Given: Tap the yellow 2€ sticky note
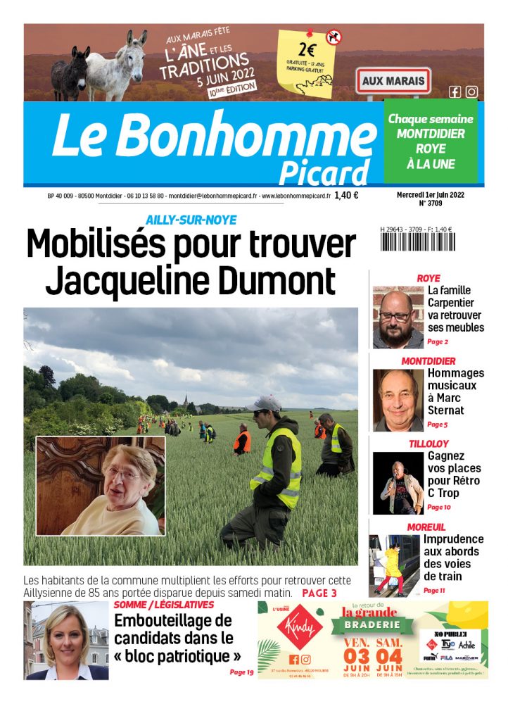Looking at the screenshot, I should tap(308, 62).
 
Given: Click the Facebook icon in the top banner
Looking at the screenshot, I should tap(455, 92).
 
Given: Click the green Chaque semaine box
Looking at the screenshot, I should tap(431, 142).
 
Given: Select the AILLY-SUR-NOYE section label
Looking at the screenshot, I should tap(191, 220).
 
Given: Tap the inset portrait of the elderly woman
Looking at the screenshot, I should tap(101, 486).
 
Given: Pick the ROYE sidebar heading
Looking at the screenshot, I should tap(428, 278).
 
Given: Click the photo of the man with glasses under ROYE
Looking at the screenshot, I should tap(398, 317).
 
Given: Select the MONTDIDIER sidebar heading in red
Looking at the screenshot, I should tap(428, 361).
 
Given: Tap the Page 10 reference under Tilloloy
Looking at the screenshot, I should tap(438, 507).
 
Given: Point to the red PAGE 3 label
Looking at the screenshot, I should tap(319, 593).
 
